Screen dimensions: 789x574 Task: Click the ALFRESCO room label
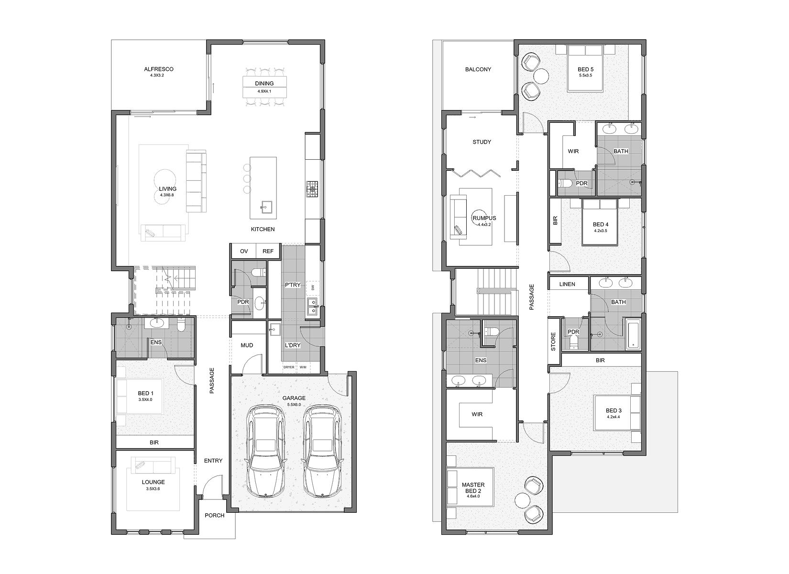pos(159,69)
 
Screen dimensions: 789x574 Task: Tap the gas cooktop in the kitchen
pos(312,189)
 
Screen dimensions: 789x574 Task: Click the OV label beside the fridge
pos(244,251)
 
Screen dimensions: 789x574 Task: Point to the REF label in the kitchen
pos(268,251)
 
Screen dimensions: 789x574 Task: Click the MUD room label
pos(247,345)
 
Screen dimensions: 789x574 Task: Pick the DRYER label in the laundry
pos(289,367)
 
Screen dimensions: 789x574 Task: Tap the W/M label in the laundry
pos(303,367)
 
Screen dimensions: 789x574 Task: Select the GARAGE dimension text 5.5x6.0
pos(294,405)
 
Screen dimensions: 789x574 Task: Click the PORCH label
pos(215,515)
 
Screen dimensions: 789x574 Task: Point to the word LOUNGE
pos(153,482)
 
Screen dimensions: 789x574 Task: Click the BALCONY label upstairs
pos(478,69)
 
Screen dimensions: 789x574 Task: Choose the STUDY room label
pos(482,142)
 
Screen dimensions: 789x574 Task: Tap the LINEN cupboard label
pos(567,284)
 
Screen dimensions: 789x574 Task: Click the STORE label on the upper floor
pos(553,342)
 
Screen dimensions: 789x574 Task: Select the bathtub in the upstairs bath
pos(633,333)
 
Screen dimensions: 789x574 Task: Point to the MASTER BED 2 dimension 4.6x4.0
pos(473,496)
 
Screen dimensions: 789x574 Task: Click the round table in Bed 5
pos(541,76)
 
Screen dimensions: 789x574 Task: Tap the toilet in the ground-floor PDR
pos(260,272)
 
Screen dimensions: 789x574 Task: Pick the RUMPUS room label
pos(484,218)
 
